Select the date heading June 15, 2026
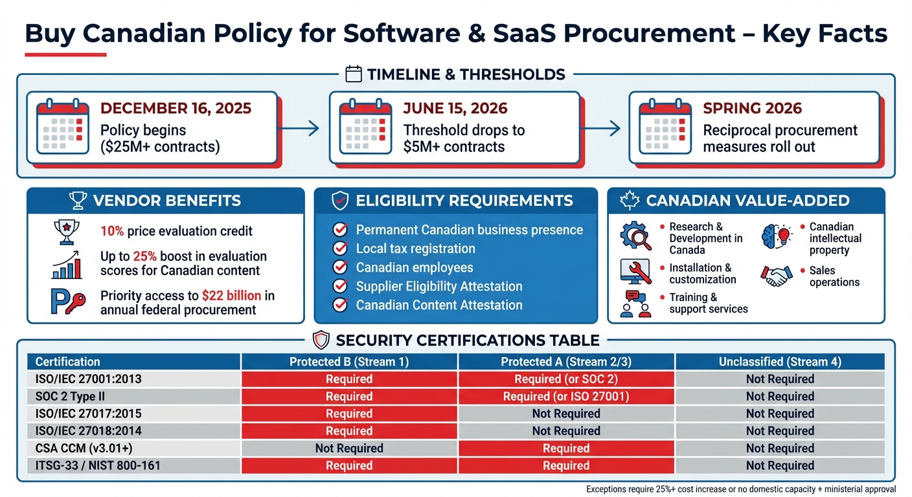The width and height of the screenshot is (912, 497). tap(455, 107)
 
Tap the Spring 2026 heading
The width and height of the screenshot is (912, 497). tap(752, 107)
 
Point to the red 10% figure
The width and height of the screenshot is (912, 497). tap(111, 231)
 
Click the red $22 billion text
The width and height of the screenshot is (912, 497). tap(231, 296)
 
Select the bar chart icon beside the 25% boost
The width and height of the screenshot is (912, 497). tap(67, 265)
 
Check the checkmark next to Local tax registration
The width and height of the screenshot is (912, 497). tap(339, 248)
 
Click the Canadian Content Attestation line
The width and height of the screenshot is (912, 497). tap(439, 305)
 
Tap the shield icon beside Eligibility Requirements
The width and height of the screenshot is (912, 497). tap(339, 201)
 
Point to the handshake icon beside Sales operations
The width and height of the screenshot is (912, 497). tap(776, 276)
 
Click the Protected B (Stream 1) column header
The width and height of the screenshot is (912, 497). tap(349, 362)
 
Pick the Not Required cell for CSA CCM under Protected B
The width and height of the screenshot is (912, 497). tap(349, 448)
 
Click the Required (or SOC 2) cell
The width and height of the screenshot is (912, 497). tap(566, 379)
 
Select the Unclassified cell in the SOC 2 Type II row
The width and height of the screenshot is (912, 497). tap(780, 397)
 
